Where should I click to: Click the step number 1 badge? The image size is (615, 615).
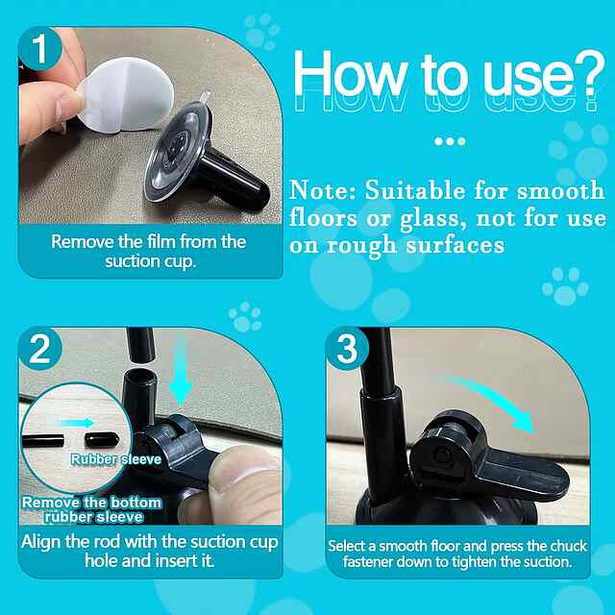coord(40,49)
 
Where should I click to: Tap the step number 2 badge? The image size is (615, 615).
coord(40,349)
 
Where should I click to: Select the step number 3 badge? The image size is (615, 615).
coord(347,349)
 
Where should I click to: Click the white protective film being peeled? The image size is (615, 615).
coord(125,95)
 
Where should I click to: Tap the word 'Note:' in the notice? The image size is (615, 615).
coord(323,191)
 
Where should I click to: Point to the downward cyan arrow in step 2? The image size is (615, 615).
coord(180,373)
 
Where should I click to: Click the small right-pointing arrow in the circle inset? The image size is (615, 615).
coord(75,423)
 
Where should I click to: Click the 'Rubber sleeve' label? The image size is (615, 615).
coord(116,459)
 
